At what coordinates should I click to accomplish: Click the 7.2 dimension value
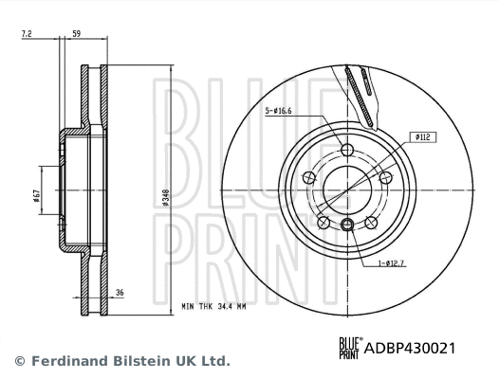tap(27, 34)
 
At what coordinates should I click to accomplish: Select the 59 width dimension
tap(77, 34)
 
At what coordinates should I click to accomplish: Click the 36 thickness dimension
tap(120, 293)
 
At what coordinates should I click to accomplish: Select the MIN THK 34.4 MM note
tap(213, 308)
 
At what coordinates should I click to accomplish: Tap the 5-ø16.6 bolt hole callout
tap(280, 110)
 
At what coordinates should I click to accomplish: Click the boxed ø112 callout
tap(423, 136)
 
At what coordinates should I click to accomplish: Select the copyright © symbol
tap(19, 361)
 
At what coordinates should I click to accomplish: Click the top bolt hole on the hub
tap(346, 150)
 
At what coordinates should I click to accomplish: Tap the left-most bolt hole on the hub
tap(309, 177)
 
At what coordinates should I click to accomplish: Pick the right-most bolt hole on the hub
tap(384, 177)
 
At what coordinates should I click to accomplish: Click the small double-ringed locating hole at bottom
tap(347, 224)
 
